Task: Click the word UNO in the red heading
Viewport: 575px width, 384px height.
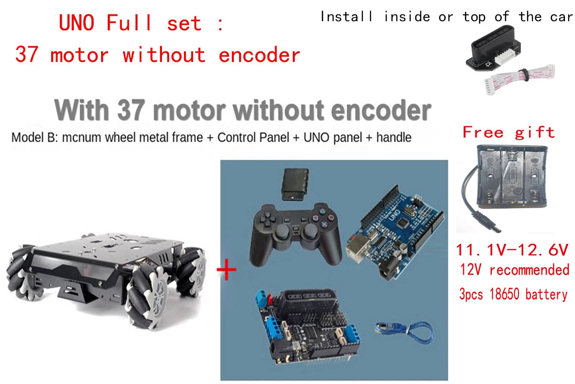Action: point(76,23)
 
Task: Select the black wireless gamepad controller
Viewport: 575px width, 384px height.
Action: point(296,235)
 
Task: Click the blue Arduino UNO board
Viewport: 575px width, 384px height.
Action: point(395,233)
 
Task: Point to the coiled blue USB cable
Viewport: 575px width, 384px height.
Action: point(404,333)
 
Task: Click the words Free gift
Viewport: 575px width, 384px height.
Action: point(508,132)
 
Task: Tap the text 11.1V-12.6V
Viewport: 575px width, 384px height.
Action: point(512,250)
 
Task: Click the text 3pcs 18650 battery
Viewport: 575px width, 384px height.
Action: point(513,294)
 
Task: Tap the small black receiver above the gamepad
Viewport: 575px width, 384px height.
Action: point(295,184)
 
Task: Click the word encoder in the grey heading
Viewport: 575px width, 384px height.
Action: point(381,110)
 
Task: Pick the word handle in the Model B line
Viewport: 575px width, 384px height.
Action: point(394,137)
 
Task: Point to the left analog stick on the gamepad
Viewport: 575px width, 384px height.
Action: point(282,231)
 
